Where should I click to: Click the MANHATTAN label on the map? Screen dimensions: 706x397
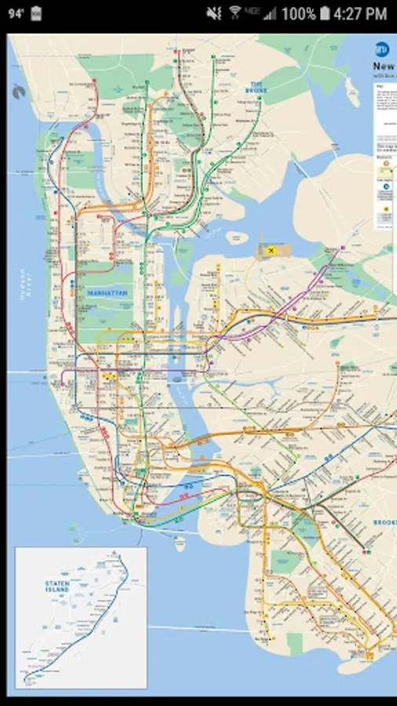107,292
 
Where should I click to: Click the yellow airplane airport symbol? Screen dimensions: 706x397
271,250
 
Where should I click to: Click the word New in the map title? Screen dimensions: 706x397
384,67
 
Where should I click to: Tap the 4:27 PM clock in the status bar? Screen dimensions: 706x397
360,14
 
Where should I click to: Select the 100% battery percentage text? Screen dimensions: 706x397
298,14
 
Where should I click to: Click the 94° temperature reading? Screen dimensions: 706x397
17,14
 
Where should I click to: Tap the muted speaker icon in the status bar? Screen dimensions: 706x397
213,14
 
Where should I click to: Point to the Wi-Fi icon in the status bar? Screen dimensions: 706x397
234,14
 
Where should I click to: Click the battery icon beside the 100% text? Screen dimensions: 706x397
325,14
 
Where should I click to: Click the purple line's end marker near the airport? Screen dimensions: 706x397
343,249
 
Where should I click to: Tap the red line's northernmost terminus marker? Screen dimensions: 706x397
96,81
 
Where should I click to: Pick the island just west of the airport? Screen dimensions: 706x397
236,237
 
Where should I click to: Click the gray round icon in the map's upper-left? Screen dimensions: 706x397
18,91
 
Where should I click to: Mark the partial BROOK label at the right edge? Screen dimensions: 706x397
384,522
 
